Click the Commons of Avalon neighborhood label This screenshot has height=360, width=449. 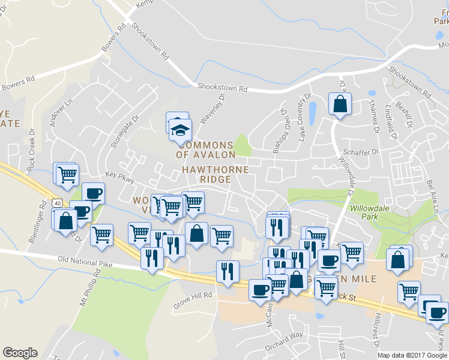pyautogui.click(x=206, y=150)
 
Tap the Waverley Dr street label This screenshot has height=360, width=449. pyautogui.click(x=211, y=108)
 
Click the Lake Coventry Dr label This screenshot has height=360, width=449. pyautogui.click(x=305, y=116)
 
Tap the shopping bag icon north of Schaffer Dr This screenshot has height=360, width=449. pyautogui.click(x=340, y=104)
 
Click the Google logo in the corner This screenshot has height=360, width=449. pyautogui.click(x=20, y=353)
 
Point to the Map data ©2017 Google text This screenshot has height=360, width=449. pyautogui.click(x=412, y=355)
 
